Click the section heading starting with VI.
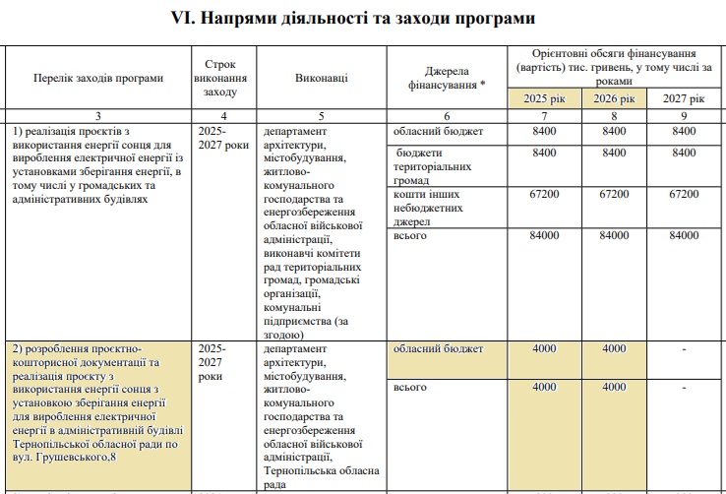point(362,17)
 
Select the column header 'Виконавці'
point(321,78)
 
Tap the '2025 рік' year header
point(544,99)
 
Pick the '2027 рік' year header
point(683,99)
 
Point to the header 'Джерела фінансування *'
point(448,78)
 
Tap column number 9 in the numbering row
point(683,116)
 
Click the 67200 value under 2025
point(544,195)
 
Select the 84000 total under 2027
point(683,236)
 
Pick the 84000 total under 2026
point(613,236)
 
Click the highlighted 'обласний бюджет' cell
point(438,348)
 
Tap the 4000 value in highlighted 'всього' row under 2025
point(544,387)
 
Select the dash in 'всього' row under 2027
point(683,387)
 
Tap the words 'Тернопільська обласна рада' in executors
point(322,478)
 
